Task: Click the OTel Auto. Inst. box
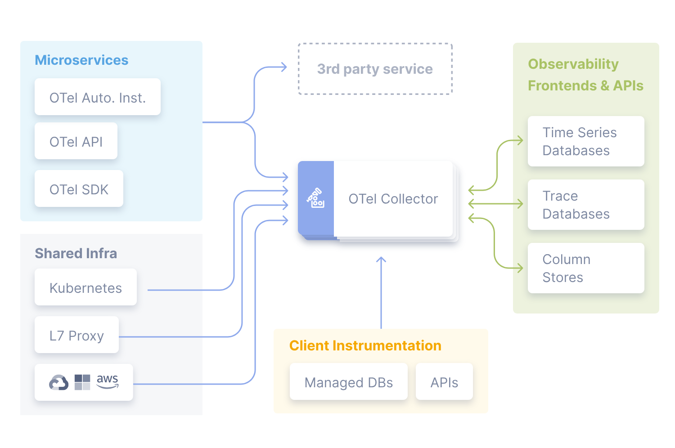pyautogui.click(x=97, y=97)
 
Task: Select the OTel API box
pyautogui.click(x=76, y=141)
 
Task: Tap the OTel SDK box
pyautogui.click(x=79, y=189)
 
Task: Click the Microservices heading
pyautogui.click(x=81, y=60)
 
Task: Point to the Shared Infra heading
pyautogui.click(x=76, y=254)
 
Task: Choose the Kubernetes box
pyautogui.click(x=85, y=288)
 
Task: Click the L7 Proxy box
pyautogui.click(x=76, y=336)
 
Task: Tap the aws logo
pyautogui.click(x=108, y=381)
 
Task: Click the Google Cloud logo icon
pyautogui.click(x=58, y=382)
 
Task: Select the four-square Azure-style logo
pyautogui.click(x=82, y=382)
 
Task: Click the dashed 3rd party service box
pyautogui.click(x=375, y=69)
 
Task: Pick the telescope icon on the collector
pyautogui.click(x=316, y=198)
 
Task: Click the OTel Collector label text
pyautogui.click(x=393, y=199)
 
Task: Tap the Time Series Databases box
pyautogui.click(x=585, y=141)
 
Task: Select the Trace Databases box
pyautogui.click(x=585, y=205)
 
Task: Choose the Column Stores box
pyautogui.click(x=585, y=268)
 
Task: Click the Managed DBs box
pyautogui.click(x=348, y=382)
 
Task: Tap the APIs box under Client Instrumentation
pyautogui.click(x=444, y=382)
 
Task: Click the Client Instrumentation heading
pyautogui.click(x=365, y=345)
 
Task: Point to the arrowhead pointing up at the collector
pyautogui.click(x=381, y=260)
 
